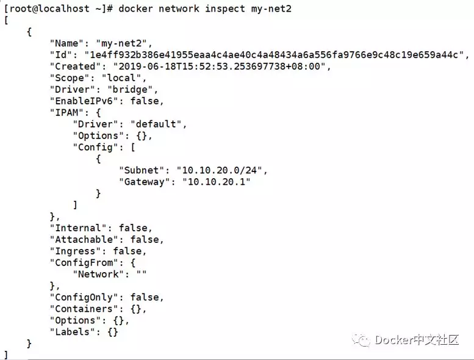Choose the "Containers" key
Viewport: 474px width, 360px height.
(84, 309)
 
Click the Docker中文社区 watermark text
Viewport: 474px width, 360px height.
(417, 340)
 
